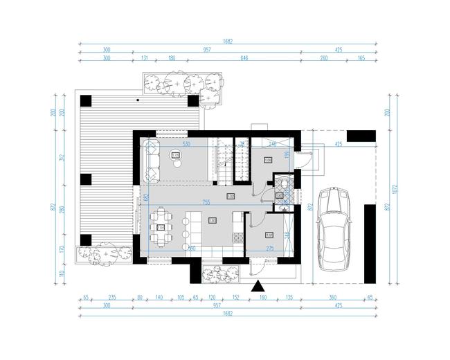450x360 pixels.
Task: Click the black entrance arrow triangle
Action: pyautogui.click(x=258, y=286)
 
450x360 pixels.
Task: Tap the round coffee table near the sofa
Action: pyautogui.click(x=176, y=156)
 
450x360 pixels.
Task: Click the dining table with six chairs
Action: pyautogui.click(x=161, y=226)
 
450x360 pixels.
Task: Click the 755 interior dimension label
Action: pyautogui.click(x=206, y=202)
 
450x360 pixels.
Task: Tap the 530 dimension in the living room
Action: pyautogui.click(x=186, y=144)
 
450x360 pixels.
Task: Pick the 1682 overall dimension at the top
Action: pyautogui.click(x=228, y=41)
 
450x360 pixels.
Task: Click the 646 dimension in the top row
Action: pyautogui.click(x=244, y=59)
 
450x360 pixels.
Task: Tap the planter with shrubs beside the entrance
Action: pyautogui.click(x=217, y=275)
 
